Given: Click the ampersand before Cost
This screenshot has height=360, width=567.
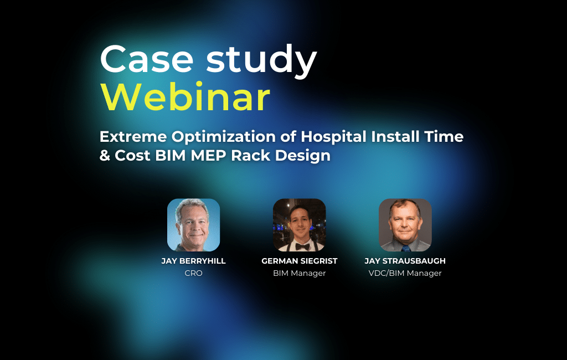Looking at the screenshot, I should pyautogui.click(x=105, y=156).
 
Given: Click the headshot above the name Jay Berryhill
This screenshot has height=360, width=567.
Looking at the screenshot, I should pyautogui.click(x=193, y=225).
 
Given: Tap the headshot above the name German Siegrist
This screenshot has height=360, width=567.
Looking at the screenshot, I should pyautogui.click(x=299, y=225).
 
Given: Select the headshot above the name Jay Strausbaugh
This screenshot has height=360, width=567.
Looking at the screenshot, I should pyautogui.click(x=405, y=225).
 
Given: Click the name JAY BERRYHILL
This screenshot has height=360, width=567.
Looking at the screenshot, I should pyautogui.click(x=193, y=261).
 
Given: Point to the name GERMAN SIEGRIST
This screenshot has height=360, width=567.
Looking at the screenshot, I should pyautogui.click(x=299, y=261).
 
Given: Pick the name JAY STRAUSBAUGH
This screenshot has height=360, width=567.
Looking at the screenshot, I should pyautogui.click(x=405, y=261).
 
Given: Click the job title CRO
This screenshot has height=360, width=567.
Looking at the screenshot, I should pyautogui.click(x=193, y=273).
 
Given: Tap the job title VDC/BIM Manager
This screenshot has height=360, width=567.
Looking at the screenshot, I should pyautogui.click(x=405, y=273).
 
